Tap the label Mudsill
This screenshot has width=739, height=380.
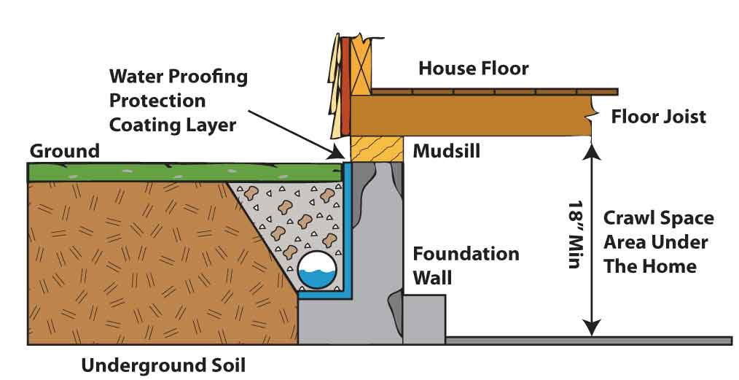coord(446,151)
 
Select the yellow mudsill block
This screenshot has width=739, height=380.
coord(377,149)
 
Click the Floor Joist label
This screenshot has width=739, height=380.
coord(658,117)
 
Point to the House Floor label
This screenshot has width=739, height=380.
coord(473,69)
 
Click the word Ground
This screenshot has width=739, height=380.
coord(65,151)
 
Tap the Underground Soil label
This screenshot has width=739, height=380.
coord(163,365)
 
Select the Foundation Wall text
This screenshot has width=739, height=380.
coord(466,266)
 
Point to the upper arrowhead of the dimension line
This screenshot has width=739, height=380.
coord(592,152)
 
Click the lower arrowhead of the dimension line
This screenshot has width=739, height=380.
coord(592,327)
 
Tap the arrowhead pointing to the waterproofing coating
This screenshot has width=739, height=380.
coord(338,152)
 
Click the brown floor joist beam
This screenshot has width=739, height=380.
coord(472,116)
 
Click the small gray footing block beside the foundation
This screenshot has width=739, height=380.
coord(424,319)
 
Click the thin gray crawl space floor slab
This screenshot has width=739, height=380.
coord(589,341)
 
